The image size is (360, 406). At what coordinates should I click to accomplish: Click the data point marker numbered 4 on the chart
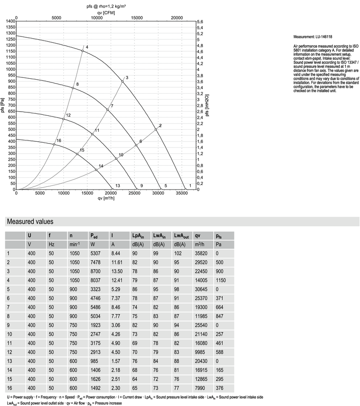[x=83, y=51]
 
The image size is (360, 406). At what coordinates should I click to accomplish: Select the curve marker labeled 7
[x=108, y=110]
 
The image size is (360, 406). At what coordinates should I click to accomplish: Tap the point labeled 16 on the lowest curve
[x=54, y=144]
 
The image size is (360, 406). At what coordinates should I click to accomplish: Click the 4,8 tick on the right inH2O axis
[x=203, y=45]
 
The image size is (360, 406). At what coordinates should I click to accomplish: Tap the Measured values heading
[x=30, y=221]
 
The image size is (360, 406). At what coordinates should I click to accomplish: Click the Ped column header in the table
[x=94, y=235]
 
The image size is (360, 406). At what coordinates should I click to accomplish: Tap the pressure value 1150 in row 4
[x=220, y=281]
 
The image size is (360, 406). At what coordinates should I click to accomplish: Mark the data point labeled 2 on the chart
[x=156, y=130]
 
